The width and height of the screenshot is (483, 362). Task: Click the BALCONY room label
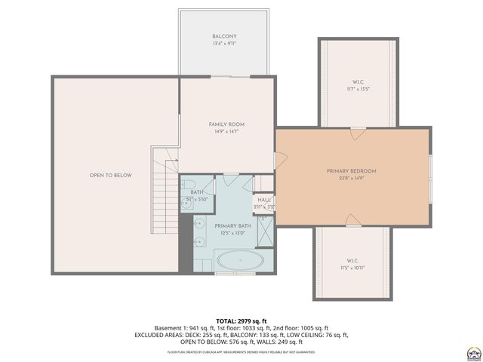(x=224, y=36)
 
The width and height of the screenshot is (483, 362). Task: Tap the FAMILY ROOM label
(x=226, y=124)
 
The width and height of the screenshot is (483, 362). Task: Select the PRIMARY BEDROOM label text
(x=351, y=171)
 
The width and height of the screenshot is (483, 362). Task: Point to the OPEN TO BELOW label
(x=111, y=176)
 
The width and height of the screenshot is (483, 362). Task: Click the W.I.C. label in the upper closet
(x=358, y=82)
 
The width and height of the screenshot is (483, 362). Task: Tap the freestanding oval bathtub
(x=240, y=262)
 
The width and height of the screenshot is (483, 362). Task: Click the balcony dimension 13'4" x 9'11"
(x=224, y=44)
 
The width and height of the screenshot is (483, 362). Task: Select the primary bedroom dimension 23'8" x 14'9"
(x=351, y=179)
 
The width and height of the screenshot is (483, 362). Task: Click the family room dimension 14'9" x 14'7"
(x=226, y=132)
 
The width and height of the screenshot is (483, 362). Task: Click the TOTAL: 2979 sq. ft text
(x=241, y=321)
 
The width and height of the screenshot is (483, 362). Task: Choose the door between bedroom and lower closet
(x=352, y=221)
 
